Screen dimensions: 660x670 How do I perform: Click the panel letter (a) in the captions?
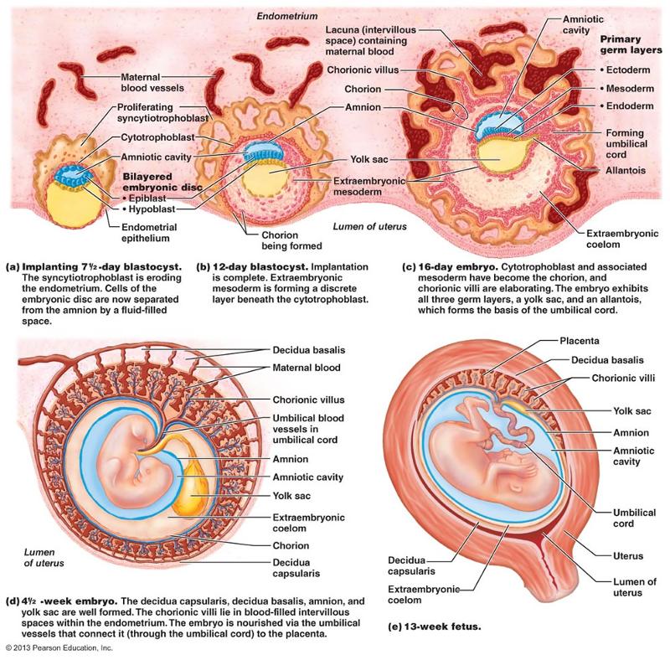pyautogui.click(x=12, y=268)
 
